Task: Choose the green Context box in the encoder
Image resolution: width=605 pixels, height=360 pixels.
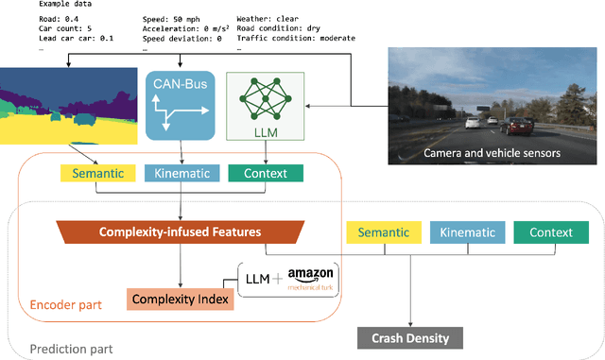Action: coord(266,173)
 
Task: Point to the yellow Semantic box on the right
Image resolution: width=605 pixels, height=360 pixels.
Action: coord(383,232)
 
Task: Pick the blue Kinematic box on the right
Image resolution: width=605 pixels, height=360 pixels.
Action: coord(469,232)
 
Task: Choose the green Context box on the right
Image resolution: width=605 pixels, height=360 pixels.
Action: coord(550,232)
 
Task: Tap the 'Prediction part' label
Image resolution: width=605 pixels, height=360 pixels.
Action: coord(70,349)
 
